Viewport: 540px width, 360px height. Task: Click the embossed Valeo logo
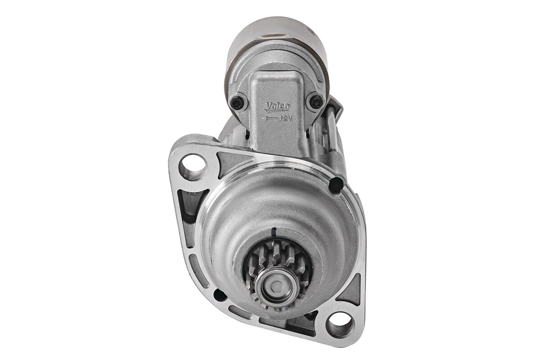[x=277, y=107]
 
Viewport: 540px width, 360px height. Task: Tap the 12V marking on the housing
[x=286, y=118]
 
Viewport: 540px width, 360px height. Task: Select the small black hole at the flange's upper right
[x=336, y=185]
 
